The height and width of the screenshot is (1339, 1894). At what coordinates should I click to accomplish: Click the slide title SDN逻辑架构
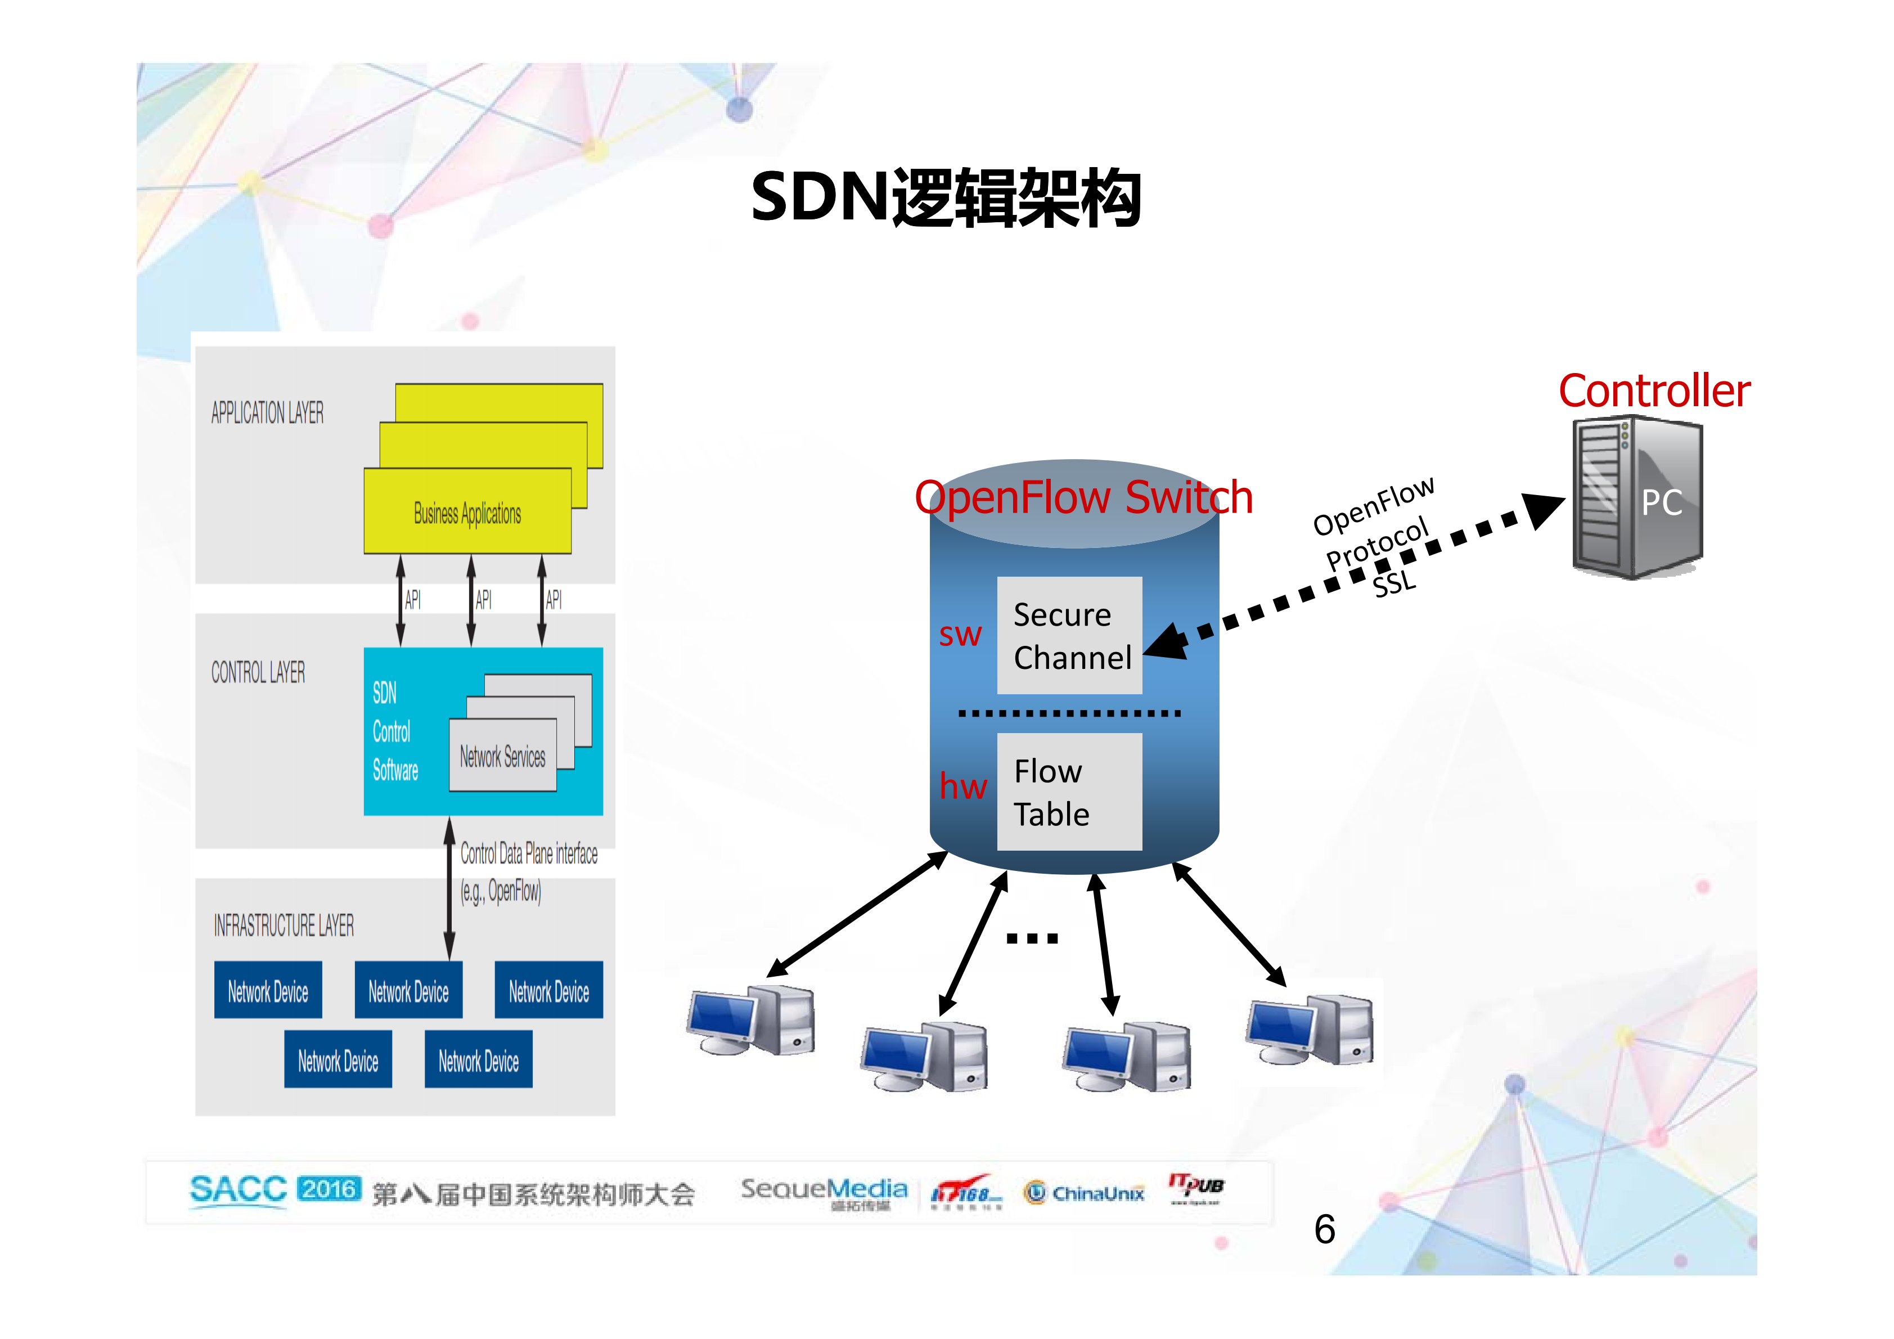click(x=946, y=198)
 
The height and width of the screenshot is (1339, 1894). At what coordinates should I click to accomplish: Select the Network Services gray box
click(x=502, y=756)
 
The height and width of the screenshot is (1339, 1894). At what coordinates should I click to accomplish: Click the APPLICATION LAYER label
click(x=267, y=412)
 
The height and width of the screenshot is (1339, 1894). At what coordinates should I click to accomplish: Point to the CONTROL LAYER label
click(x=258, y=672)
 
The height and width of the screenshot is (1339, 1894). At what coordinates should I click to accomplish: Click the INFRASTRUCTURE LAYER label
click(x=284, y=925)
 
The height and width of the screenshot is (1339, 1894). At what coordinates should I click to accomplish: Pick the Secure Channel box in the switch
click(x=1069, y=635)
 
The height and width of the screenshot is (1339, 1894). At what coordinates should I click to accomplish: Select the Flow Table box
click(x=1069, y=792)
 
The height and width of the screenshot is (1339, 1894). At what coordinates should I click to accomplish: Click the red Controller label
click(x=1653, y=391)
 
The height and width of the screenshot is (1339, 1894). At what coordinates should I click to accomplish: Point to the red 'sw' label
click(x=960, y=635)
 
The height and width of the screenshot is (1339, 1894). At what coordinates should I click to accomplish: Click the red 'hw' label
click(x=962, y=786)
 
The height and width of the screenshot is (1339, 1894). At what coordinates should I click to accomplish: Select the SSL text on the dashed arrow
click(x=1394, y=584)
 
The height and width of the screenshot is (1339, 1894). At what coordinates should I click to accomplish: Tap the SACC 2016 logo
click(x=275, y=1190)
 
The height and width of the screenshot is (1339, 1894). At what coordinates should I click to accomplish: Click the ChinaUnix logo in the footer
click(x=1084, y=1193)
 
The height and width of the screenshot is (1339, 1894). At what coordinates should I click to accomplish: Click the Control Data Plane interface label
click(x=529, y=854)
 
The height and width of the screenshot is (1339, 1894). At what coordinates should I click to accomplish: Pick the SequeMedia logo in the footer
click(x=824, y=1190)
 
